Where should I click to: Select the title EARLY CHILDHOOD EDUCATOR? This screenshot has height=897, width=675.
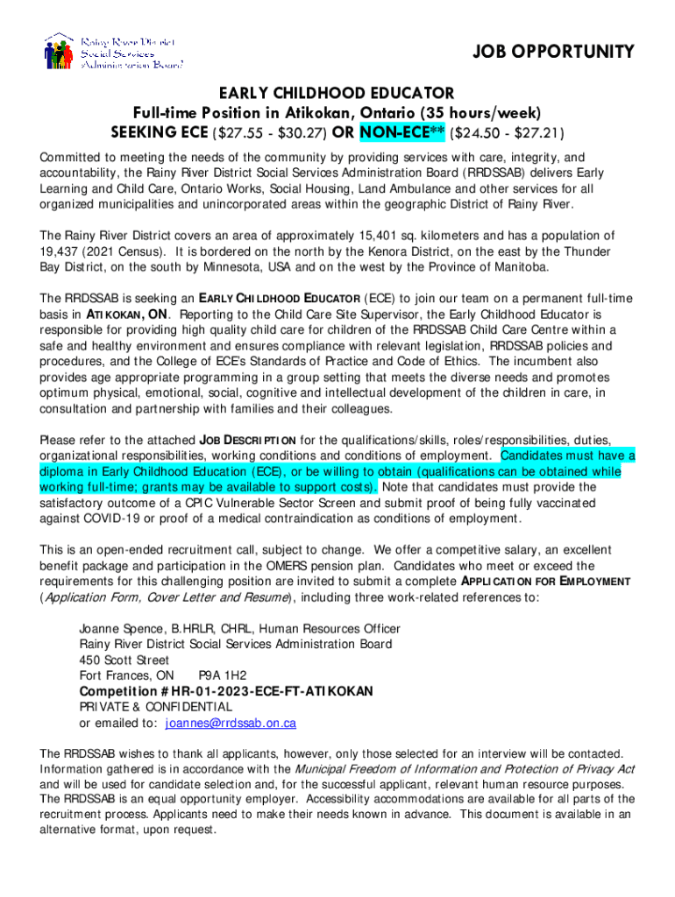337,93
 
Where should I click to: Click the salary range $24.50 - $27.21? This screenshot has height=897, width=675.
507,133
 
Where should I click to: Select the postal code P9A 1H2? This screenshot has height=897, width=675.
223,675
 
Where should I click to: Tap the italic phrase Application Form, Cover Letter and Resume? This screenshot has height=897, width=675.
166,597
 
